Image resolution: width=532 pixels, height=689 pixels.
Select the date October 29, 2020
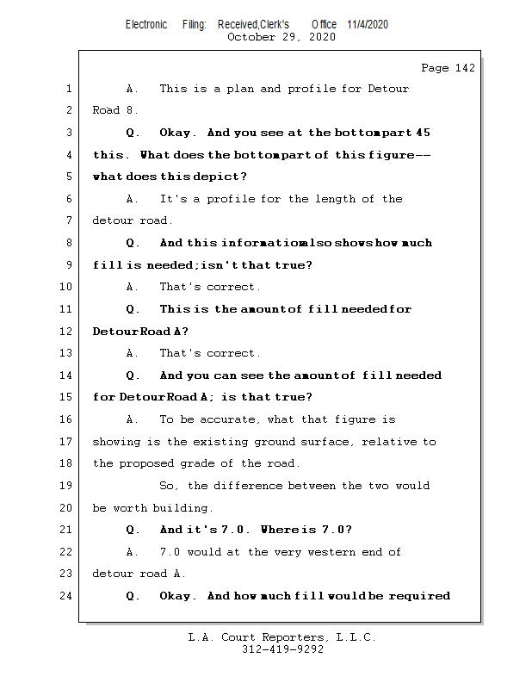pos(281,37)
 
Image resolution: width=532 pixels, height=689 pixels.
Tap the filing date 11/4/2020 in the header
pos(368,24)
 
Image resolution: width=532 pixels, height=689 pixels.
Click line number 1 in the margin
pos(68,89)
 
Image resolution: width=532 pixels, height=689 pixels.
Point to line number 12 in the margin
pos(65,332)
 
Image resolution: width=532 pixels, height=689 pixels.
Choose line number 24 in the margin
pos(65,596)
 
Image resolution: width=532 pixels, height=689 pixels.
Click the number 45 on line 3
pos(423,133)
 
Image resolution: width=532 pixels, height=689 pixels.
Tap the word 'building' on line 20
pos(183,508)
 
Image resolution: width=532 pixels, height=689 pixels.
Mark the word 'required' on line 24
pos(419,596)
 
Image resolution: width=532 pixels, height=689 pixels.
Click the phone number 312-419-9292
pos(282,650)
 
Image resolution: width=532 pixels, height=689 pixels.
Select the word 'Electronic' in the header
pos(146,24)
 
